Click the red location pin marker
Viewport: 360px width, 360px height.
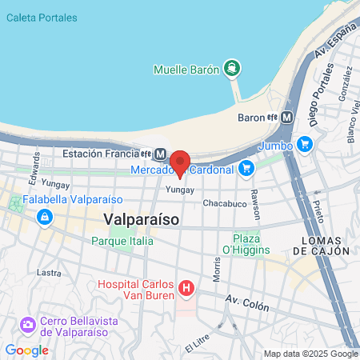pyautogui.click(x=179, y=162)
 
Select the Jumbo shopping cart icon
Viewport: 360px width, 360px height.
pyautogui.click(x=304, y=145)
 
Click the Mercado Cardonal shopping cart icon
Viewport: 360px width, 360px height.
pyautogui.click(x=246, y=168)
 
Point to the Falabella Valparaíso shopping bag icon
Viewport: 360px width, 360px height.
pyautogui.click(x=45, y=216)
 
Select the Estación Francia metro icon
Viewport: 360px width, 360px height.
pyautogui.click(x=161, y=154)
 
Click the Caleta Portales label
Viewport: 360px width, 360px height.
pyautogui.click(x=42, y=18)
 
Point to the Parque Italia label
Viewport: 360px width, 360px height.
pyautogui.click(x=123, y=240)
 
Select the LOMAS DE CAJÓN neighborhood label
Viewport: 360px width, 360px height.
pyautogui.click(x=322, y=245)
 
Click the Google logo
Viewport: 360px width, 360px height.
pyautogui.click(x=26, y=350)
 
